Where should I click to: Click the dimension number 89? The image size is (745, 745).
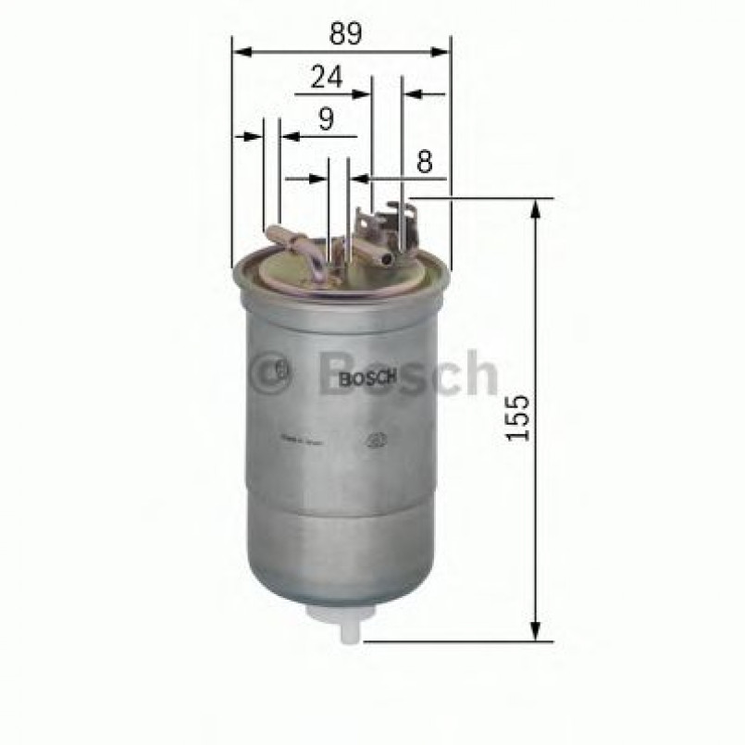pyautogui.click(x=342, y=33)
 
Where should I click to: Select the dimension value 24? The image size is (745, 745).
pyautogui.click(x=326, y=78)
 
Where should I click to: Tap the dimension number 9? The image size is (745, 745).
pyautogui.click(x=325, y=119)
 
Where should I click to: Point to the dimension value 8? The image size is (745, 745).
pyautogui.click(x=424, y=162)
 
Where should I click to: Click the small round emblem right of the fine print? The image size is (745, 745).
pyautogui.click(x=377, y=441)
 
